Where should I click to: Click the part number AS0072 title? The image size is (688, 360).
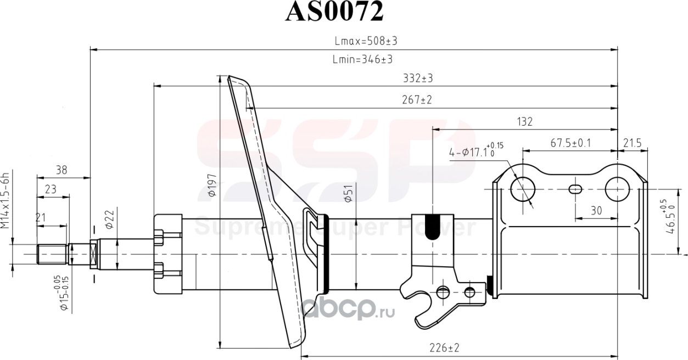tap(334, 12)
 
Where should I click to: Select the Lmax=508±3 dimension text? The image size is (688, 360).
tap(366, 41)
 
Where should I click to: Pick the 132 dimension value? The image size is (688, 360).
tap(524, 122)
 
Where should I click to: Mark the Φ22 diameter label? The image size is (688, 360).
tap(109, 220)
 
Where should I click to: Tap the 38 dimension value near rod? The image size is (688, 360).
tap(61, 171)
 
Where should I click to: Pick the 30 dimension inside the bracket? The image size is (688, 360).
tap(597, 210)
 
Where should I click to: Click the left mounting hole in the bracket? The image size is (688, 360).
tap(522, 189)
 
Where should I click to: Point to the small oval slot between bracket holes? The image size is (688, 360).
tap(575, 189)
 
